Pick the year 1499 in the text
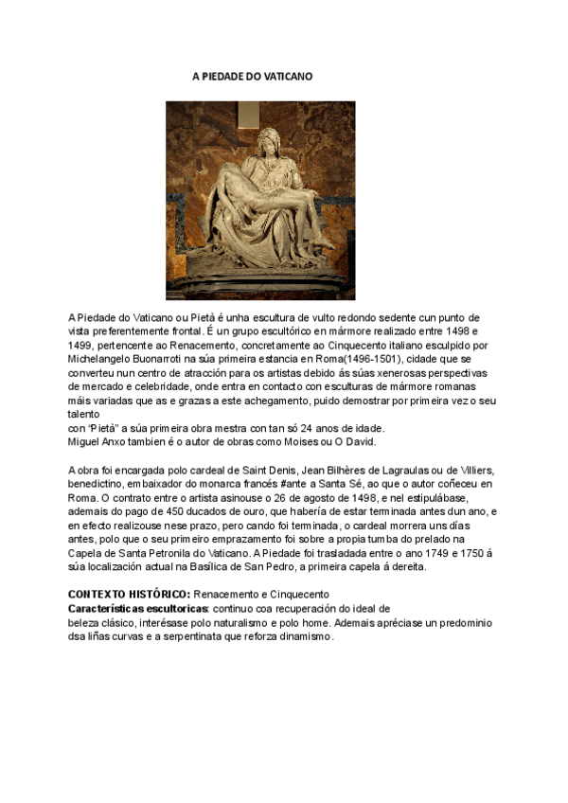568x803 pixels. pos(81,346)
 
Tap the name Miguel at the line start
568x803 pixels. pos(84,441)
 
